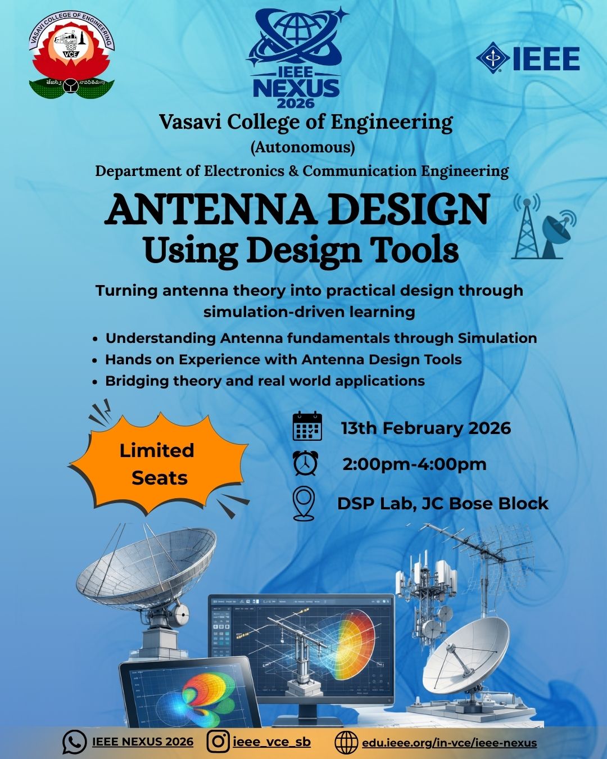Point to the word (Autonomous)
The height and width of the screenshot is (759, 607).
point(302,147)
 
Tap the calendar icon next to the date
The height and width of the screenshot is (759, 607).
point(307,426)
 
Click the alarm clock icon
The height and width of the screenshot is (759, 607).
point(305,464)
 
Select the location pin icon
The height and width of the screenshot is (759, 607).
point(304,503)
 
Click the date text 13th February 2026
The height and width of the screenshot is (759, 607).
point(425,428)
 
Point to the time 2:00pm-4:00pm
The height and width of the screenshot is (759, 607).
point(414,465)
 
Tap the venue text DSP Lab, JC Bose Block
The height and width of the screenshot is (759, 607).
point(442,503)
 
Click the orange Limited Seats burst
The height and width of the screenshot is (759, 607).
point(157,464)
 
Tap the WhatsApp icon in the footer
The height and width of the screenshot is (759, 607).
point(74,742)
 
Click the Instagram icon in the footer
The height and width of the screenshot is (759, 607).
point(218,742)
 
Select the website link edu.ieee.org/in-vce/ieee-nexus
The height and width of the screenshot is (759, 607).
point(449,743)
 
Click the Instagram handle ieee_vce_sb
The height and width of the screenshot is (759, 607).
point(271,742)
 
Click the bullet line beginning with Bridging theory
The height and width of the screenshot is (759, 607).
point(264,381)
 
